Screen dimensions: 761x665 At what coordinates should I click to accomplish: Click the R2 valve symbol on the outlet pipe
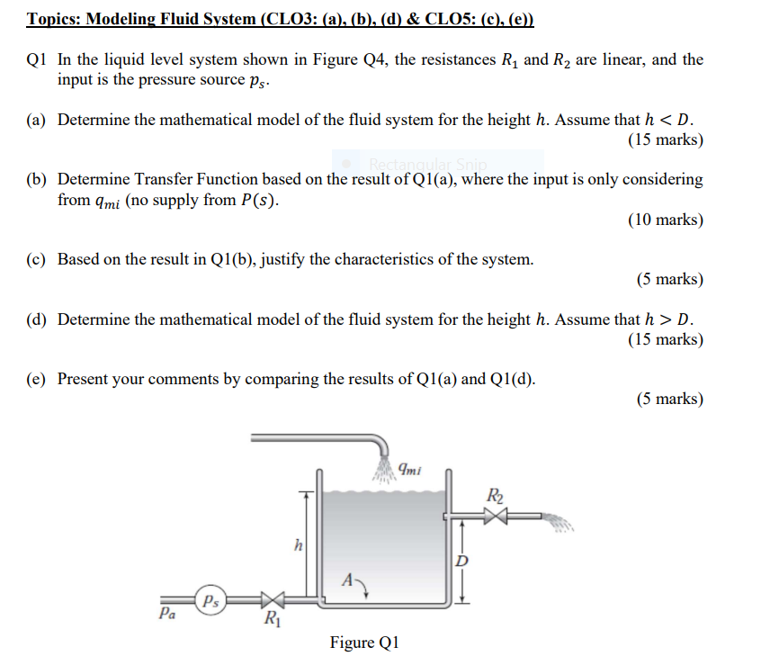pyautogui.click(x=496, y=517)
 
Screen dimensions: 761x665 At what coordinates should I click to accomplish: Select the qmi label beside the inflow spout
pyautogui.click(x=409, y=468)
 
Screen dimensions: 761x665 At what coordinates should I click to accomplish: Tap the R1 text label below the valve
pyautogui.click(x=269, y=619)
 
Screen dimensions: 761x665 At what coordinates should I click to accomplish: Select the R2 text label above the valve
pyautogui.click(x=495, y=495)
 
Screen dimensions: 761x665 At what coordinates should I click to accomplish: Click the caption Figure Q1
pyautogui.click(x=363, y=643)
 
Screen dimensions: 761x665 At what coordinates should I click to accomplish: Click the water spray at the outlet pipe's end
pyautogui.click(x=557, y=519)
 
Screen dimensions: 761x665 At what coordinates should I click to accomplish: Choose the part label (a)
pyautogui.click(x=37, y=121)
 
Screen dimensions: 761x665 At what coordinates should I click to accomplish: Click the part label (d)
pyautogui.click(x=37, y=319)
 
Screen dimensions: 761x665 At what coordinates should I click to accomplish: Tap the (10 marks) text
pyautogui.click(x=666, y=220)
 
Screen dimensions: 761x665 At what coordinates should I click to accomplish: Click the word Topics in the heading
pyautogui.click(x=53, y=19)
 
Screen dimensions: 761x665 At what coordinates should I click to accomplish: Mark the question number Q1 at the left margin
pyautogui.click(x=37, y=60)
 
